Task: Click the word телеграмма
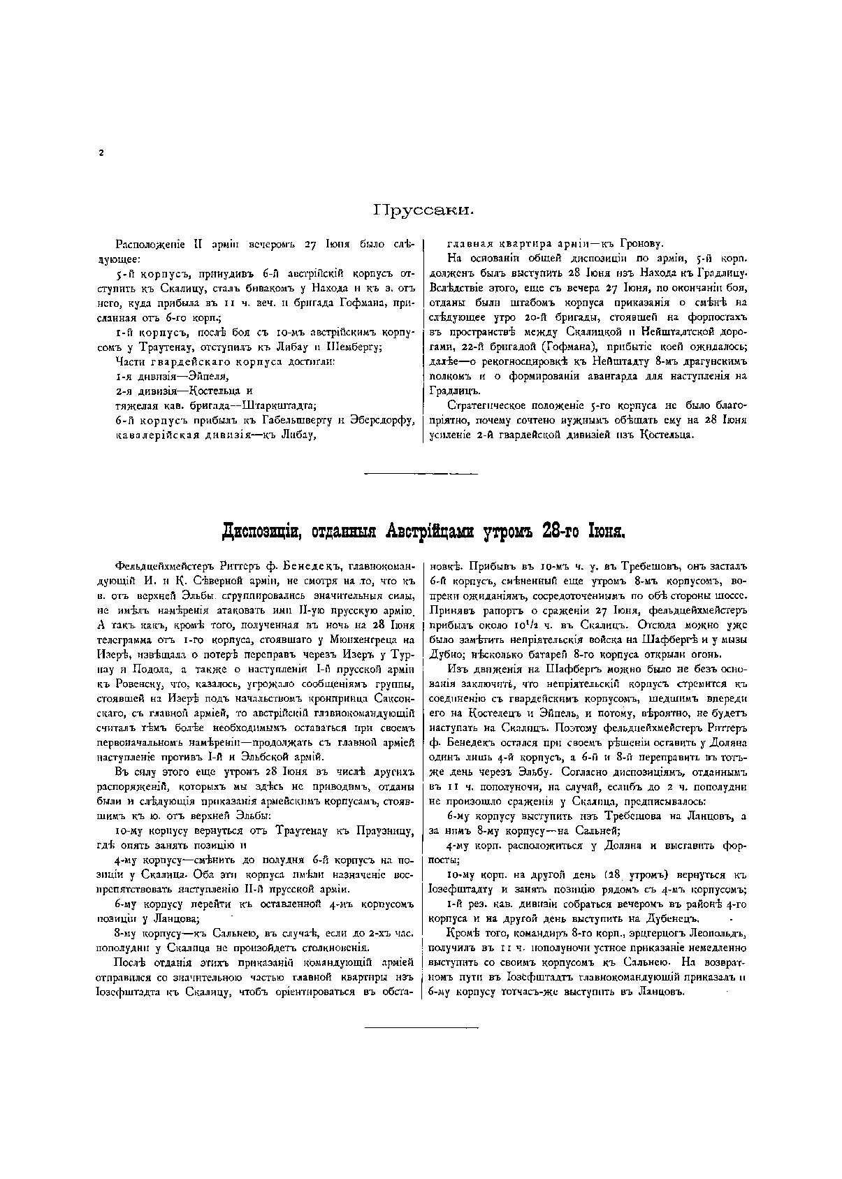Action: pos(124,639)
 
